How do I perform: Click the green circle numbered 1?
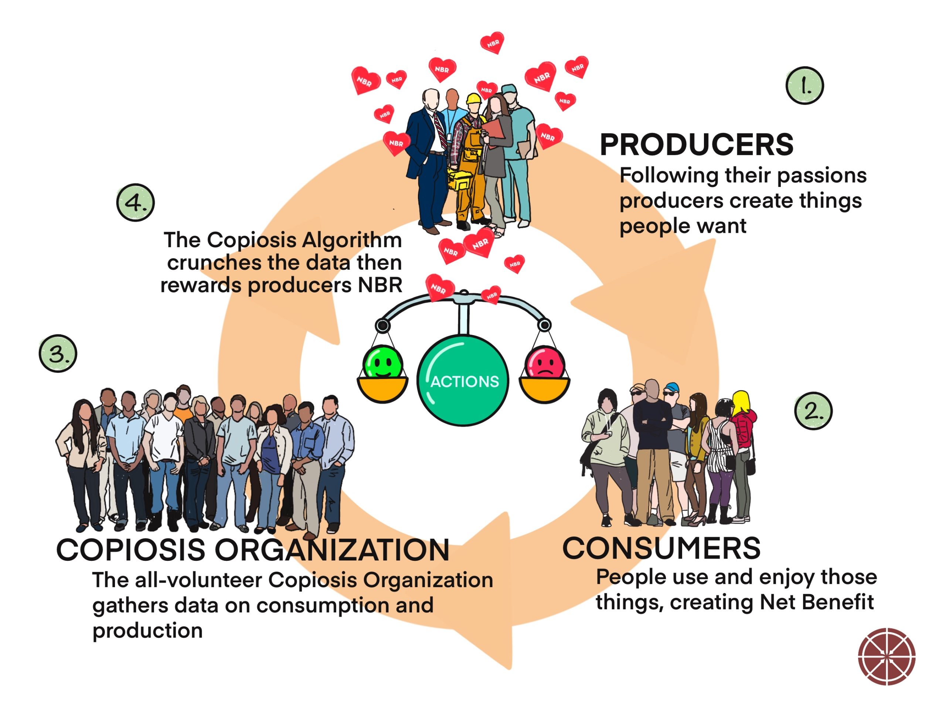pyautogui.click(x=804, y=85)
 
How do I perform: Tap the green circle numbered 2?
pyautogui.click(x=813, y=411)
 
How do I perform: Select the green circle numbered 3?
pyautogui.click(x=58, y=353)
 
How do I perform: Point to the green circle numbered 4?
pyautogui.click(x=135, y=202)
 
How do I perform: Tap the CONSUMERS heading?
pyautogui.click(x=661, y=548)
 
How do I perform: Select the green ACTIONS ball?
pyautogui.click(x=463, y=380)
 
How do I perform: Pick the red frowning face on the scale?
pyautogui.click(x=544, y=364)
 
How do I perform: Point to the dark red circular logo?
pyautogui.click(x=887, y=657)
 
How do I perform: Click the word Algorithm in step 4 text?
pyautogui.click(x=352, y=240)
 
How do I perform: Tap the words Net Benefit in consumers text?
pyautogui.click(x=816, y=602)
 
